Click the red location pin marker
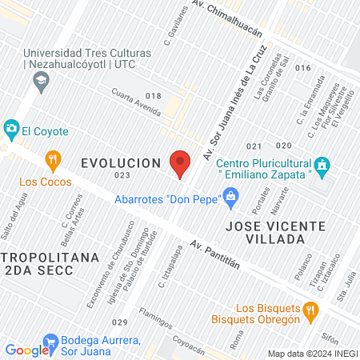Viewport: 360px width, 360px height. click(x=181, y=163)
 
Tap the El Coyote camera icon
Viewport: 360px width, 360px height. click(x=11, y=128)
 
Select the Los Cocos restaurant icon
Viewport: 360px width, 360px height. click(x=53, y=158)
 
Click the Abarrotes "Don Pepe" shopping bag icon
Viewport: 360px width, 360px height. click(x=230, y=195)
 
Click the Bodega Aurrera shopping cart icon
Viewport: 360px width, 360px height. click(x=50, y=341)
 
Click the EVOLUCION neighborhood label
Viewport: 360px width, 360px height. click(x=122, y=163)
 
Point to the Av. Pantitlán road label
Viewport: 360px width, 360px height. click(x=216, y=256)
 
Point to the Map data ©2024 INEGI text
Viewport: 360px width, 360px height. click(x=311, y=353)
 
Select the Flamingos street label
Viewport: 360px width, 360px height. click(x=154, y=318)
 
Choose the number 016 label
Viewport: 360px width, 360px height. click(x=302, y=68)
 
